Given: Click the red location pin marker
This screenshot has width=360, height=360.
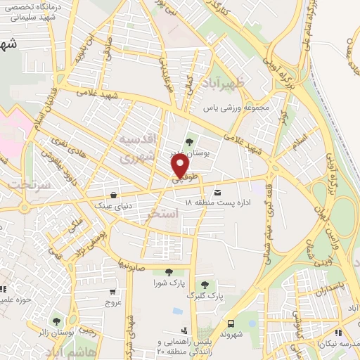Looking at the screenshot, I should [x=181, y=167].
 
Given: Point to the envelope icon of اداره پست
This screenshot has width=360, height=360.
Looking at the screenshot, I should [x=217, y=192].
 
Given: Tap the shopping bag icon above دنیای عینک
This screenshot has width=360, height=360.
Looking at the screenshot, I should [x=112, y=196].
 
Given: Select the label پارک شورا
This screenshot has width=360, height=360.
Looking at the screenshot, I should [x=167, y=283].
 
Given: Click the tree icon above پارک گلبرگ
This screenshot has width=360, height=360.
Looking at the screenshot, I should [x=205, y=285].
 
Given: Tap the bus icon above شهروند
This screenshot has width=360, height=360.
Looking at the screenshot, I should [x=231, y=324].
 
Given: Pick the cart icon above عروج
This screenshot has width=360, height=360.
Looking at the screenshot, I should [x=112, y=292].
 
